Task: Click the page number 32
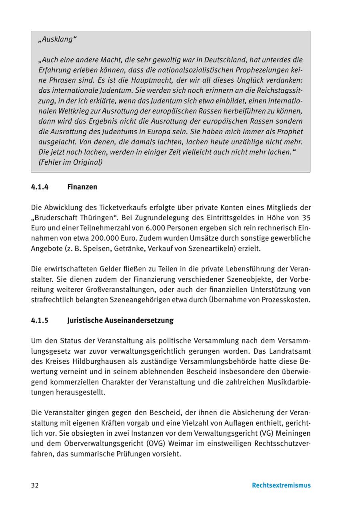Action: coord(35,485)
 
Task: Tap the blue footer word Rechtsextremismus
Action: coord(281,485)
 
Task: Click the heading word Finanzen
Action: coord(82,187)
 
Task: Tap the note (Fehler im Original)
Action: coord(70,162)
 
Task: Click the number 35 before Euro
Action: coord(306,218)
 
